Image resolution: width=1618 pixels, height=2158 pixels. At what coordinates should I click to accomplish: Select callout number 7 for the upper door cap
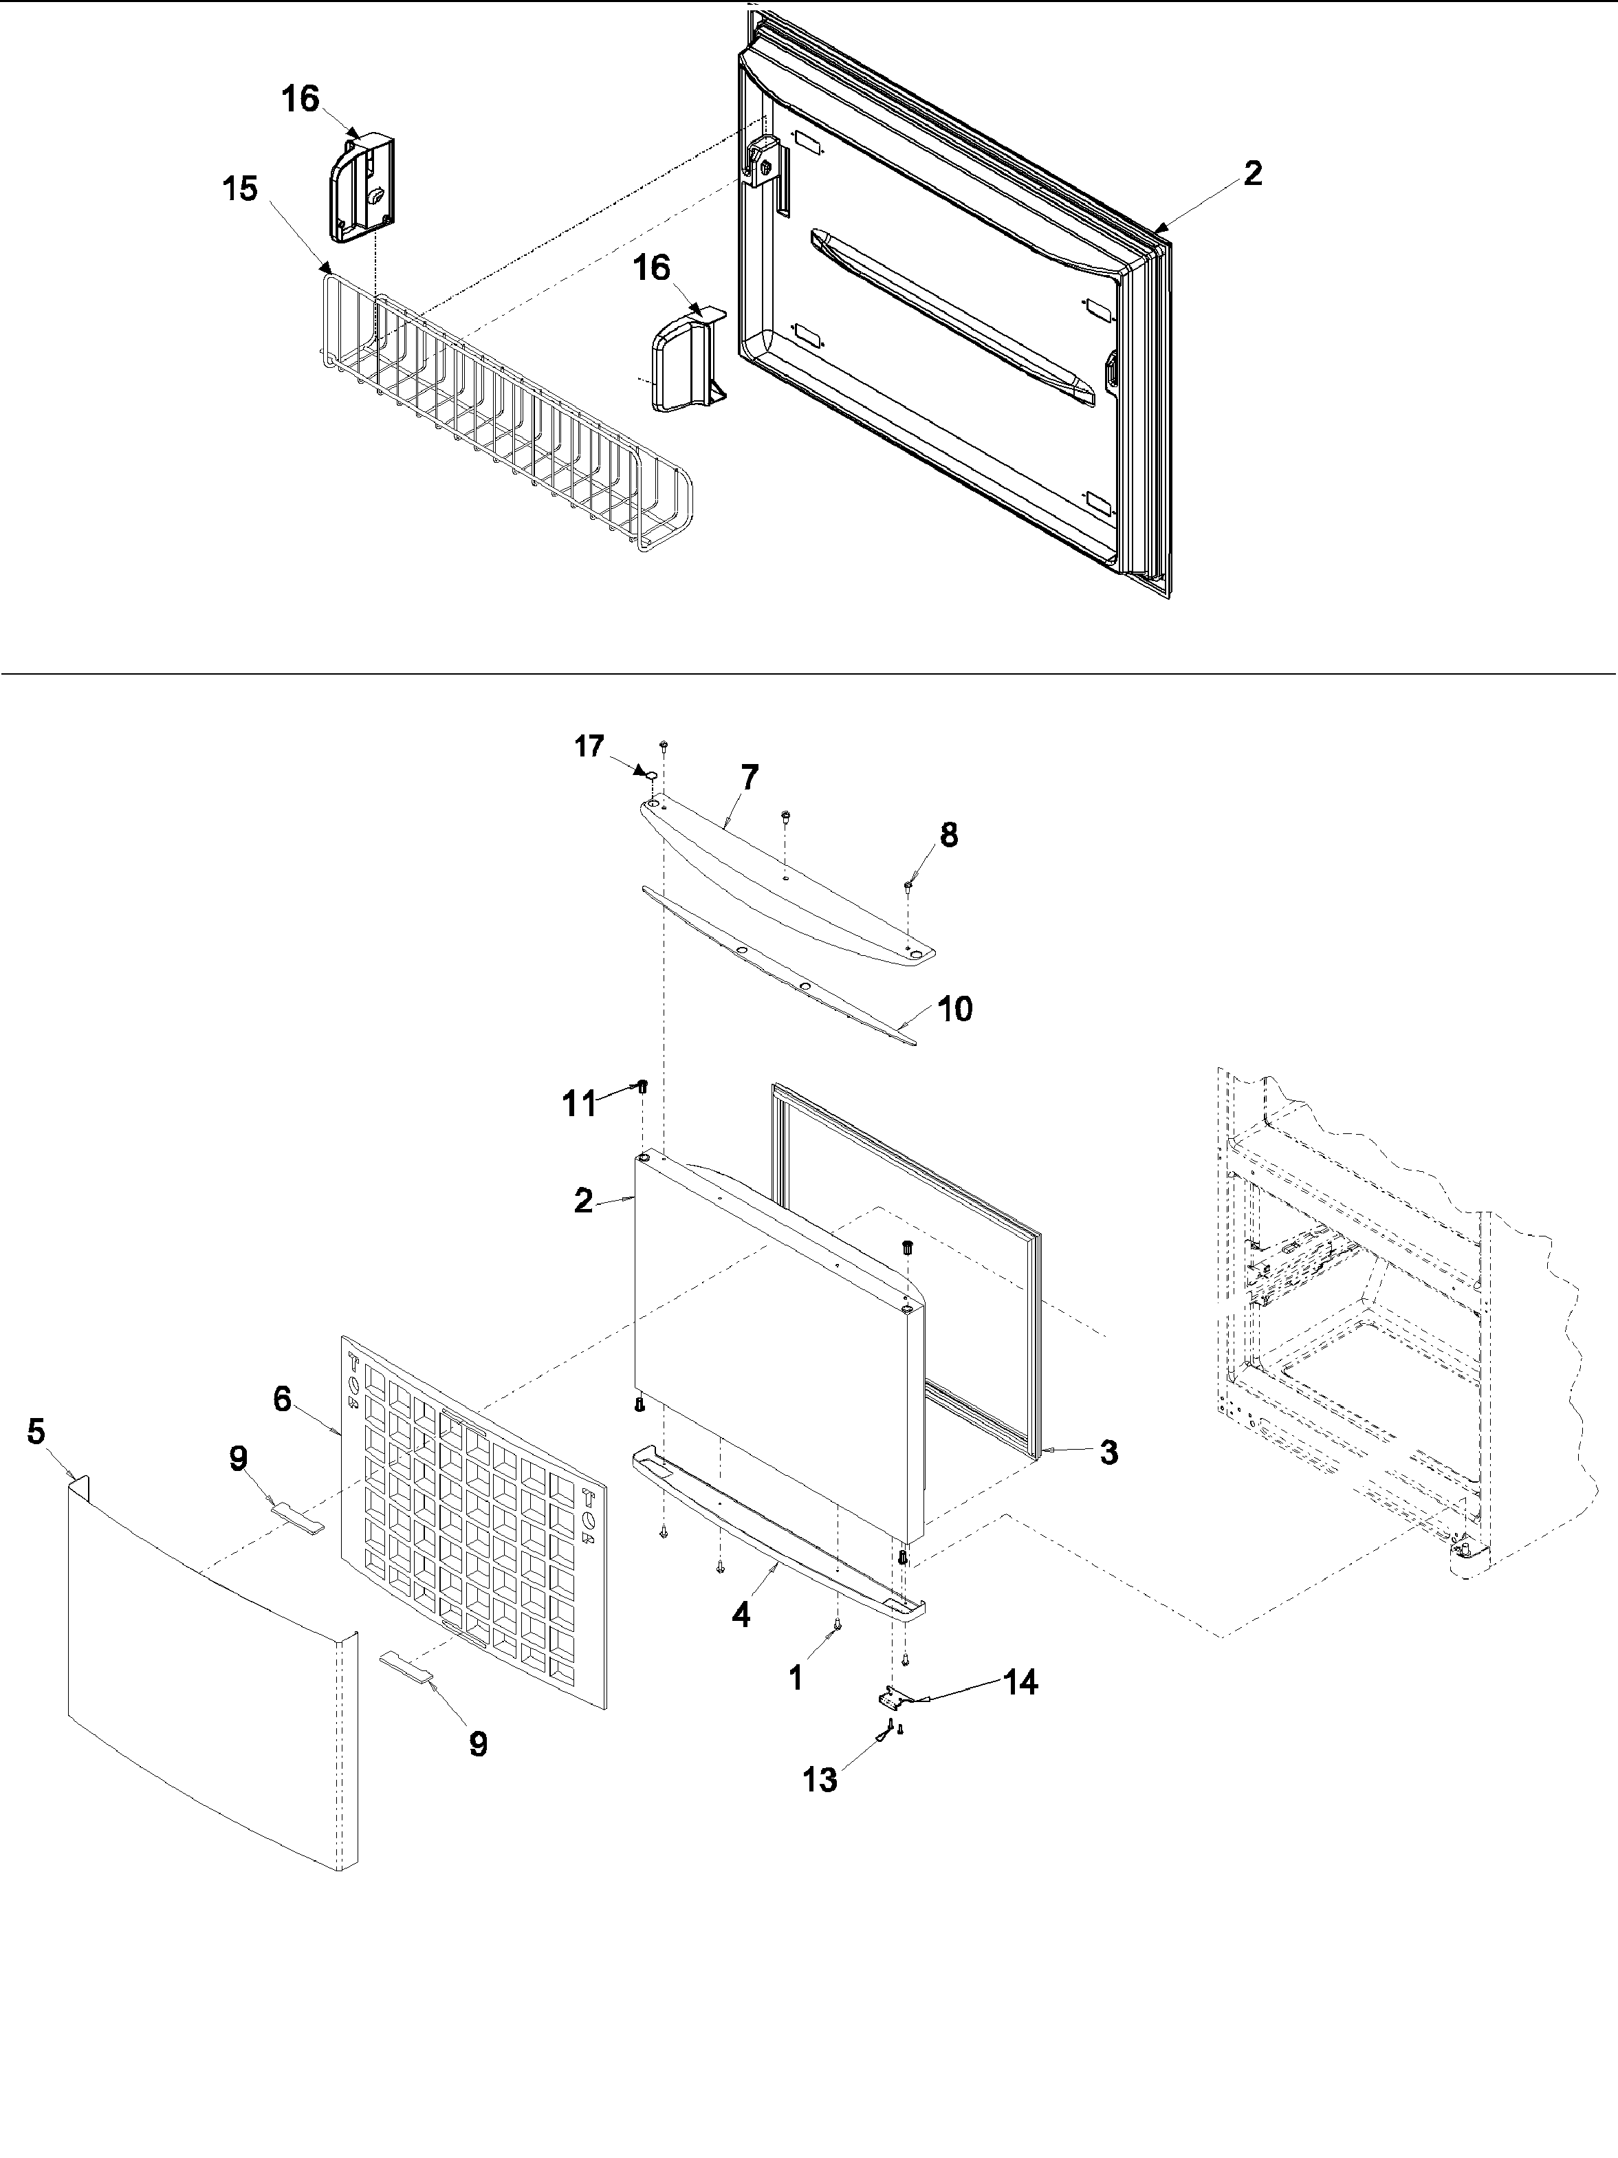click(749, 778)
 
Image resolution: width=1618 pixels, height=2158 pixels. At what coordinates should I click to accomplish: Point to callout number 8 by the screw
click(948, 834)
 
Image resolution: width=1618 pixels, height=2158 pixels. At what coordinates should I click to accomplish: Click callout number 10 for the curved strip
click(955, 1009)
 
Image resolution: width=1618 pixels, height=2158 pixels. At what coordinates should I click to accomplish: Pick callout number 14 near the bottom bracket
click(1020, 1682)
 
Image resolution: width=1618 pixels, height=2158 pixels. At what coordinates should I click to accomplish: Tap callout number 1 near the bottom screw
click(795, 1677)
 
